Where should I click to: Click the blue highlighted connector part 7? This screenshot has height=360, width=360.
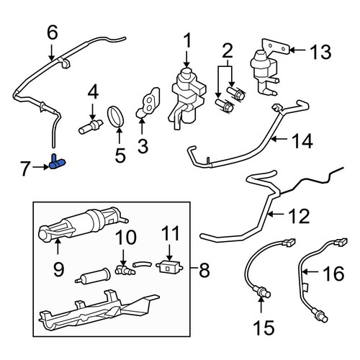(x=58, y=163)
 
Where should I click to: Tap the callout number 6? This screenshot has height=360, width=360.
(x=53, y=32)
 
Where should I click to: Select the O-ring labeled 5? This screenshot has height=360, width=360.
(x=116, y=117)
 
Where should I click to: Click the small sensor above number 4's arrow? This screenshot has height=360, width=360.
(x=91, y=126)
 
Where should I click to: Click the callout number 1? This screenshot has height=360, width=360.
(x=188, y=40)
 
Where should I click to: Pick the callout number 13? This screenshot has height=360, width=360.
(x=320, y=52)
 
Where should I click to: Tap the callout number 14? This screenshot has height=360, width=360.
(x=302, y=141)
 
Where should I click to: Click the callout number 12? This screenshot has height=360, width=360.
(x=299, y=216)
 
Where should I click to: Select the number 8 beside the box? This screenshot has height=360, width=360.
(x=204, y=269)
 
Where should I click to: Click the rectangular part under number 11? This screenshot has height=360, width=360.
(x=169, y=267)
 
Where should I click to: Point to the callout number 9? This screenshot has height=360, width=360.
(x=58, y=269)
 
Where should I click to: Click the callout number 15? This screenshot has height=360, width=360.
(x=264, y=328)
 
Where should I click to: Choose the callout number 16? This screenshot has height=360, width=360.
(x=333, y=273)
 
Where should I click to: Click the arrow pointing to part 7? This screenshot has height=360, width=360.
(x=41, y=167)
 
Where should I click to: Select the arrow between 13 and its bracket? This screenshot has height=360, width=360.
(x=297, y=50)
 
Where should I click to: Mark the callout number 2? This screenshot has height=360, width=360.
(x=228, y=50)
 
